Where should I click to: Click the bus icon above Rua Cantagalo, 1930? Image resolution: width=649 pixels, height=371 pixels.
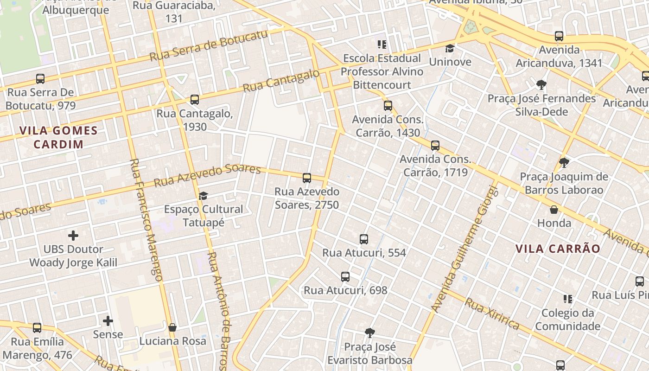tap(195, 99)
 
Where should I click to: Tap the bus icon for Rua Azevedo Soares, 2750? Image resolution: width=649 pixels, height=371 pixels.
tap(306, 178)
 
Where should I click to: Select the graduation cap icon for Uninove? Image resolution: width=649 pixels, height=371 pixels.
tap(450, 48)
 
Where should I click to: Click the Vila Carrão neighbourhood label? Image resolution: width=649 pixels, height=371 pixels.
tap(558, 249)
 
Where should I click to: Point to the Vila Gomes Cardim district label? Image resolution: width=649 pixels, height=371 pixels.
tap(58, 137)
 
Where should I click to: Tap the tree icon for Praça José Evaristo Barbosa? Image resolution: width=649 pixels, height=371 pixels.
tap(369, 333)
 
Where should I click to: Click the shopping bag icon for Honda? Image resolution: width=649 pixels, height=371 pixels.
tap(554, 210)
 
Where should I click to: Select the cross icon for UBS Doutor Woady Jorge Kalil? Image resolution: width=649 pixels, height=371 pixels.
tap(73, 236)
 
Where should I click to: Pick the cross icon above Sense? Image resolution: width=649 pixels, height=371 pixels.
tap(108, 320)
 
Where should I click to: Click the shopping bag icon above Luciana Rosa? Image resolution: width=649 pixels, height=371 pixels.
tap(172, 327)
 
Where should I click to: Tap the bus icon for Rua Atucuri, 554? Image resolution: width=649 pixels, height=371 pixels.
tap(364, 239)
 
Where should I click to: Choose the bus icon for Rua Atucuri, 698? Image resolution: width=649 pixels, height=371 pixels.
tap(345, 277)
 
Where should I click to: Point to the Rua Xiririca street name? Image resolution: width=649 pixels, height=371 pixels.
tap(492, 313)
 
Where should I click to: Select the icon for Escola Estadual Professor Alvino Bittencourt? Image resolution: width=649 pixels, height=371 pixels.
tap(382, 45)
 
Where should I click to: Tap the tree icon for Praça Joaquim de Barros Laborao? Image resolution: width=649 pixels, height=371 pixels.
tap(564, 163)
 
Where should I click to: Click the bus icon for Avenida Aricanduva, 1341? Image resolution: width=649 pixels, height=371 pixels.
tap(559, 36)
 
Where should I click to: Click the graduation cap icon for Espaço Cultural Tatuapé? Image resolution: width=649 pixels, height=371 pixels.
tap(203, 196)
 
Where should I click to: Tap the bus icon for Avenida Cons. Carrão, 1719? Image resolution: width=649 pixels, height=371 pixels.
tap(435, 146)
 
